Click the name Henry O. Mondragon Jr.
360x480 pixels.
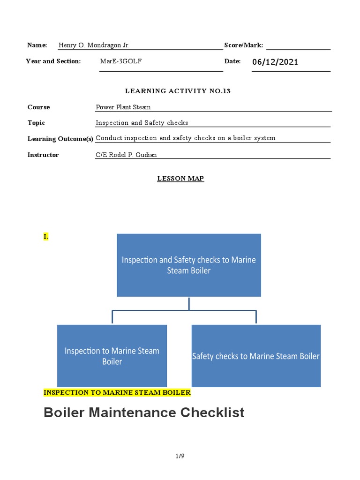(94, 45)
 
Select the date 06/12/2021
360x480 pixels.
(275, 62)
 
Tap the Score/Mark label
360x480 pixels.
(243, 45)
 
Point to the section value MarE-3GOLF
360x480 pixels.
(120, 61)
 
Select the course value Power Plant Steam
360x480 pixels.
(123, 107)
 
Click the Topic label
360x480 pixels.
(36, 123)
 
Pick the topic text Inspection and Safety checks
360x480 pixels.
(142, 123)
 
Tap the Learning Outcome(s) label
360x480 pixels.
(60, 139)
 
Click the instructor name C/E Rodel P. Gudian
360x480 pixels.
(126, 155)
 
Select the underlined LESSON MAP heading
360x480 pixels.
(180, 179)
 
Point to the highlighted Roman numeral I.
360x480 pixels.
(46, 237)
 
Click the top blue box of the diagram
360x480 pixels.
(189, 265)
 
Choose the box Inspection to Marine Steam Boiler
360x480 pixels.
(112, 356)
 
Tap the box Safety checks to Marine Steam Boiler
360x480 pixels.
(256, 356)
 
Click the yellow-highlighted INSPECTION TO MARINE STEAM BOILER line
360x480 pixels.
(117, 392)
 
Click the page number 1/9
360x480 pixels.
(180, 456)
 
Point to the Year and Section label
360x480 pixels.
(53, 61)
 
